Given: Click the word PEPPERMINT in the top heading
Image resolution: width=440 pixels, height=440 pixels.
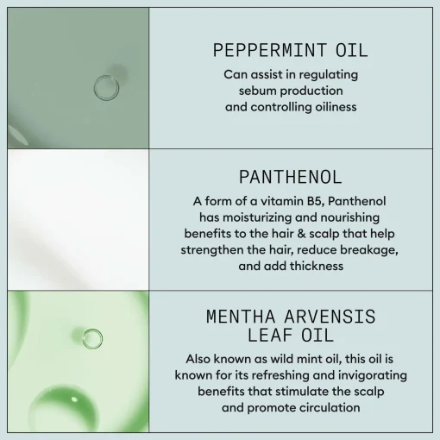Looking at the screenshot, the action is click(x=269, y=50).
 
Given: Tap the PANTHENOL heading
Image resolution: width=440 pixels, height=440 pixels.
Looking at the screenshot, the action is click(x=291, y=177).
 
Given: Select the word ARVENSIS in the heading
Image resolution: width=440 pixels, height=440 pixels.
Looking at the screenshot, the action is click(x=330, y=317).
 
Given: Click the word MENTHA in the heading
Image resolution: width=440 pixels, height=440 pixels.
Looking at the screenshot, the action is click(x=241, y=317).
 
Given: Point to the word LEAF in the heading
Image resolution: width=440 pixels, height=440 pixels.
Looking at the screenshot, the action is click(x=270, y=336).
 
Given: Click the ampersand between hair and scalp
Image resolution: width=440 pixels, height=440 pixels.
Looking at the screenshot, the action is click(x=301, y=234).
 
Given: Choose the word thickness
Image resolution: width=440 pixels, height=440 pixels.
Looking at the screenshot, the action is click(x=317, y=266).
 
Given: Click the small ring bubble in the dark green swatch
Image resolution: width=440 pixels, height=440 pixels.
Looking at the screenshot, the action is click(x=106, y=88).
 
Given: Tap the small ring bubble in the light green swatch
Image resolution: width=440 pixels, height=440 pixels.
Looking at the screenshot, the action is click(x=92, y=339).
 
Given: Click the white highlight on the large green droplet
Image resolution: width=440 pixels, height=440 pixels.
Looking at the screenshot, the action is click(x=74, y=399).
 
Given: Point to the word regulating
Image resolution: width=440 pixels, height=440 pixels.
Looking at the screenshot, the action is click(x=329, y=75).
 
